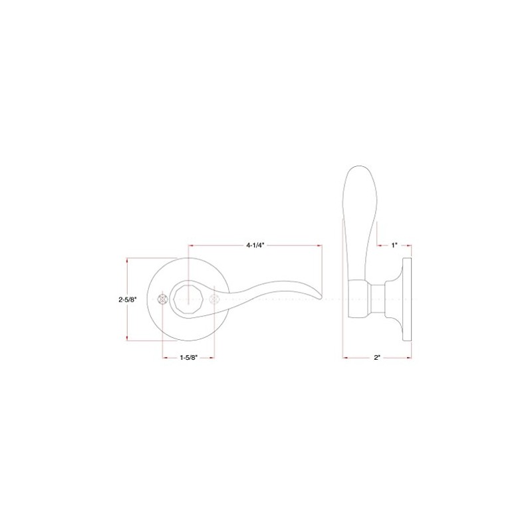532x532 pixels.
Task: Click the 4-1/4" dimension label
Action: pos(255,245)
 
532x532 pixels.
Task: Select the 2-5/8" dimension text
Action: pos(128,299)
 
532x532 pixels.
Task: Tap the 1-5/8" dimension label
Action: pos(189,357)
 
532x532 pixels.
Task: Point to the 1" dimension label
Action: pos(394,245)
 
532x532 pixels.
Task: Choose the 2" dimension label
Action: pos(377,357)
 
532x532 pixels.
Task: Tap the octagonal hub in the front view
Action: pos(188,299)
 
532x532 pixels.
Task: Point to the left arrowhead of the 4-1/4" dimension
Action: pos(190,245)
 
